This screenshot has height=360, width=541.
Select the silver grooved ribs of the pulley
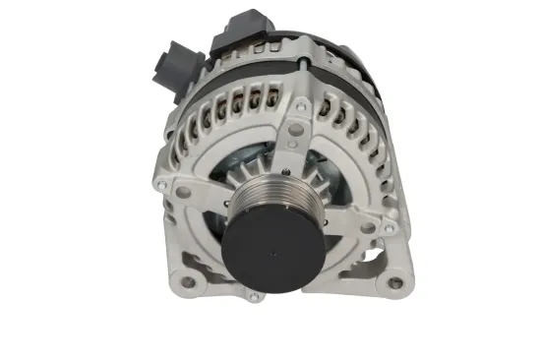(x=266, y=196)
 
